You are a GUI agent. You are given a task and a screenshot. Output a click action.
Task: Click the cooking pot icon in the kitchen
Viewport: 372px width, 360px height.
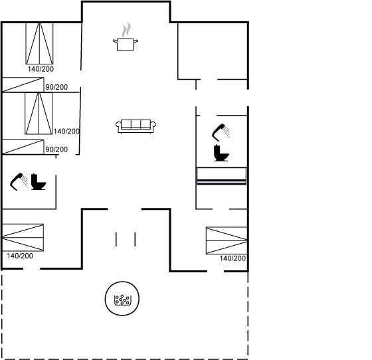click(126, 45)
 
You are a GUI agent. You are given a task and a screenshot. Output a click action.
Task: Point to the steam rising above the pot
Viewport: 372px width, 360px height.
click(126, 30)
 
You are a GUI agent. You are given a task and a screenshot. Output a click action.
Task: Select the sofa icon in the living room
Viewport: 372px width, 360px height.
click(136, 126)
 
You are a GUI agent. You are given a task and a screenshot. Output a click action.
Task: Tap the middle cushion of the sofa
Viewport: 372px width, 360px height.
click(136, 124)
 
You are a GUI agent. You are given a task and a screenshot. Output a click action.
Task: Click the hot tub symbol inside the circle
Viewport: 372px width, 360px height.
click(122, 300)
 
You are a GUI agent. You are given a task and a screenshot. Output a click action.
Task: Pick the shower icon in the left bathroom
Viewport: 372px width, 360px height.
click(19, 181)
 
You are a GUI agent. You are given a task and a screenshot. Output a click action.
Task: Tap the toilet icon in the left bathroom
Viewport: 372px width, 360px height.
click(39, 182)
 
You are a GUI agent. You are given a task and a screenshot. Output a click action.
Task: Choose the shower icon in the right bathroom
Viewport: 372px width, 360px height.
click(221, 133)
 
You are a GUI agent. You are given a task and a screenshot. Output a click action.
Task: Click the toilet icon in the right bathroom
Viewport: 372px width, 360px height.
click(221, 153)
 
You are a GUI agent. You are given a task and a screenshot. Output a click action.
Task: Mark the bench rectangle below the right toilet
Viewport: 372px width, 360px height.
click(222, 176)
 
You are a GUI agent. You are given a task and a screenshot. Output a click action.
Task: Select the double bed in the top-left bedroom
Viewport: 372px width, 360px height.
click(39, 43)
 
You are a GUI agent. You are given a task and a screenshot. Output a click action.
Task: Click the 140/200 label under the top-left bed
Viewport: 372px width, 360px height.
click(41, 69)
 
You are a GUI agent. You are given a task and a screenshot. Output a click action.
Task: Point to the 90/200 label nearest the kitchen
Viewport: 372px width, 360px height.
click(56, 87)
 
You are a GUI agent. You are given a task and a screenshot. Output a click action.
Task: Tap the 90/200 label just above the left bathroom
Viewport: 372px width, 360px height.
click(56, 149)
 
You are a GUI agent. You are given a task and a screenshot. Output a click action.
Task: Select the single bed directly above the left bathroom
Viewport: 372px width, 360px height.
click(23, 147)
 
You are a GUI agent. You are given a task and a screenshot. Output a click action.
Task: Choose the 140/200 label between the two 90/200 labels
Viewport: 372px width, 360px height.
click(66, 131)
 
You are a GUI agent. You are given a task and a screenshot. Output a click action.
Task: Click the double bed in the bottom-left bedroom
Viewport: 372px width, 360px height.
click(23, 237)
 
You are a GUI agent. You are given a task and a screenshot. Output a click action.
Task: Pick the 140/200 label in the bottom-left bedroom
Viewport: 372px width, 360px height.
click(20, 256)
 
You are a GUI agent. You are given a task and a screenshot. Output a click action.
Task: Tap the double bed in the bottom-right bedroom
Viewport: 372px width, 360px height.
click(227, 240)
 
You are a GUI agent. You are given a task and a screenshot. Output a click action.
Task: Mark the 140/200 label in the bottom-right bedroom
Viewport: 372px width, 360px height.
click(232, 258)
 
